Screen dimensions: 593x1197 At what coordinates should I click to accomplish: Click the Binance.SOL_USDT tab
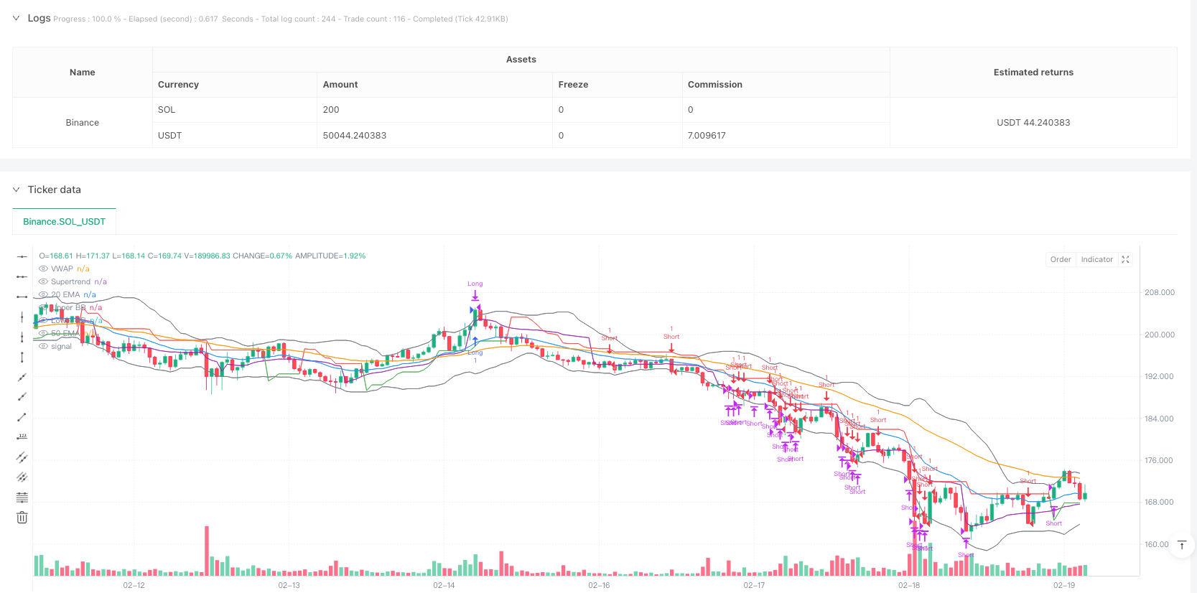(64, 222)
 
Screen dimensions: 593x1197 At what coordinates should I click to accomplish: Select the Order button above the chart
(1060, 260)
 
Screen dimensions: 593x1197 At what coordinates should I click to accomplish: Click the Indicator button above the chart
(1096, 260)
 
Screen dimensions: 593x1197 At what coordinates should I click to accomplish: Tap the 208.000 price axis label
(1159, 293)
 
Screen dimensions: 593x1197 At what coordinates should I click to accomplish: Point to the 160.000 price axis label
(1156, 545)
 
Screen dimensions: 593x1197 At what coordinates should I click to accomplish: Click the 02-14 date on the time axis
(444, 586)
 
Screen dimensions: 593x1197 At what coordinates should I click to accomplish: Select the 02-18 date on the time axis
(908, 586)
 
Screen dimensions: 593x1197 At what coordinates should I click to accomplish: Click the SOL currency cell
(167, 110)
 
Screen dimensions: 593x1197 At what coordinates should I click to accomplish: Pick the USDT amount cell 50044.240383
(354, 136)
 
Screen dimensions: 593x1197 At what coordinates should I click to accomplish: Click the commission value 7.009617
(707, 136)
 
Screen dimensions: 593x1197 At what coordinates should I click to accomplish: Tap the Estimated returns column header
(1033, 73)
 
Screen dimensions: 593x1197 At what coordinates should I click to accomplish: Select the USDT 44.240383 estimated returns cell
(1033, 123)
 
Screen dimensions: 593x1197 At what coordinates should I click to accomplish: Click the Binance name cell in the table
(83, 123)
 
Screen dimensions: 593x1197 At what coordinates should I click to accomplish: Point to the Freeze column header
(573, 85)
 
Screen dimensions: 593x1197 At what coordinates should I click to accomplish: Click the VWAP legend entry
(62, 269)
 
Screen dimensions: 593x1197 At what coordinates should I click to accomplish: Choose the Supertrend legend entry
(70, 282)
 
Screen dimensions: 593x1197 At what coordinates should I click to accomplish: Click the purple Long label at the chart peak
(475, 284)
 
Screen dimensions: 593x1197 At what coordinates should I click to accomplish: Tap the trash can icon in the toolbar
(22, 518)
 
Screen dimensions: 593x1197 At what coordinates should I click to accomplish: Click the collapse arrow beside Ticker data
(17, 190)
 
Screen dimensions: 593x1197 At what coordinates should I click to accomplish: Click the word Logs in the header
(39, 18)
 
